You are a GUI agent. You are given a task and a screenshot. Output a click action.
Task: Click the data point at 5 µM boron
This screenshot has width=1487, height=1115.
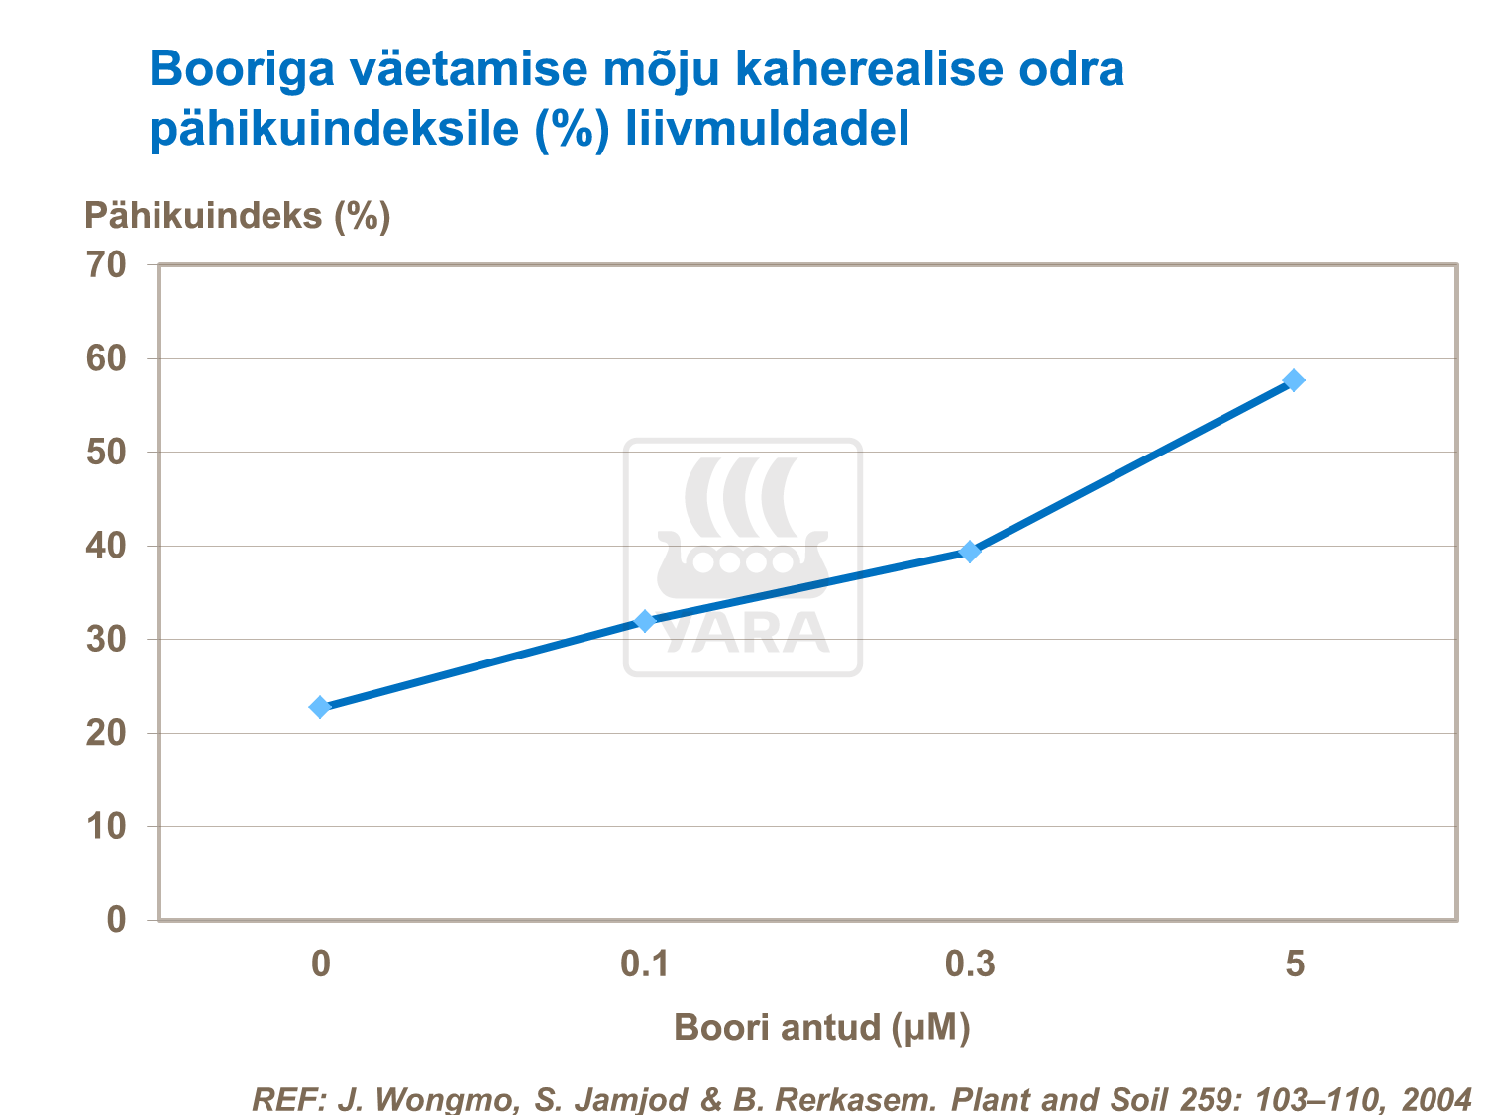click(x=1294, y=380)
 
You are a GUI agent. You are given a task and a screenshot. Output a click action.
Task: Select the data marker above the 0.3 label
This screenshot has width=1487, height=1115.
click(x=970, y=552)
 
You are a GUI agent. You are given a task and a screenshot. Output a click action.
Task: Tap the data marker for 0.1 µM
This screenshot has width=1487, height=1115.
click(x=645, y=621)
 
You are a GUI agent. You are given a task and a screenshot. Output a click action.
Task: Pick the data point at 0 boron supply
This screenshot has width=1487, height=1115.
click(x=320, y=707)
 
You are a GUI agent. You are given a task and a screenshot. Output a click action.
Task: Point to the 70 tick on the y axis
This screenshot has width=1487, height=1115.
click(x=106, y=264)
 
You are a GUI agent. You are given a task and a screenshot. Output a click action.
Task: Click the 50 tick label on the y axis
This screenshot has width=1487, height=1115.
click(x=106, y=453)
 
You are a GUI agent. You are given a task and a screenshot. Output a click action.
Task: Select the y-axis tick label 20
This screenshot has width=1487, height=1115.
click(x=106, y=734)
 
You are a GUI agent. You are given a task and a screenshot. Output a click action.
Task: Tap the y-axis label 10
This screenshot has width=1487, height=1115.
click(x=106, y=827)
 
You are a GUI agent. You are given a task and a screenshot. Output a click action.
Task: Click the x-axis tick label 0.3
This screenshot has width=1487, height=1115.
click(x=970, y=963)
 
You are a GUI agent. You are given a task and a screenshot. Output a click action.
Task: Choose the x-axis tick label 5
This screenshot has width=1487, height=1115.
click(x=1295, y=963)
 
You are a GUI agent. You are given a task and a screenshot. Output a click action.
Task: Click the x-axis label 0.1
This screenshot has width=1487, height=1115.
click(x=645, y=963)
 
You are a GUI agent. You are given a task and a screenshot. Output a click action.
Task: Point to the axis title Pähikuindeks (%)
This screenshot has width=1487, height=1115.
click(x=238, y=215)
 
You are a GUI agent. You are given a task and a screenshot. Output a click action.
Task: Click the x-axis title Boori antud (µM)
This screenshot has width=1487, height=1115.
click(x=821, y=1028)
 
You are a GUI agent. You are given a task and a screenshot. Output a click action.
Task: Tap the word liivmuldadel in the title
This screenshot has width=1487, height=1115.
click(x=767, y=129)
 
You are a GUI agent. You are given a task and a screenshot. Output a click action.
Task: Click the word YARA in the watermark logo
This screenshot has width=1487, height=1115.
click(x=744, y=634)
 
